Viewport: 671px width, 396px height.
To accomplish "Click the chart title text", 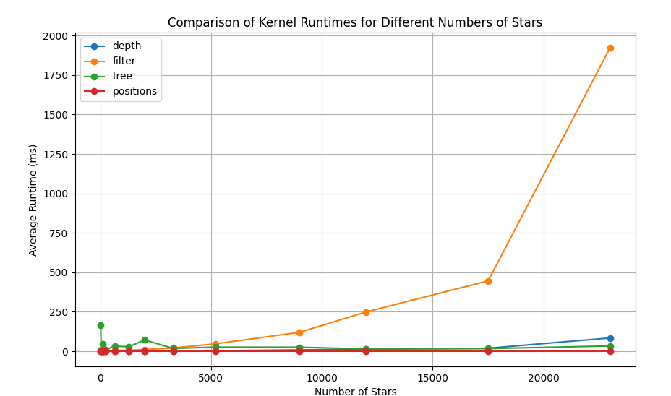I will click(x=355, y=22).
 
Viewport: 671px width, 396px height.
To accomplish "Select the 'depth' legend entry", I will click(x=127, y=46).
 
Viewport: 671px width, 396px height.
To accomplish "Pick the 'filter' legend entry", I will click(x=124, y=61).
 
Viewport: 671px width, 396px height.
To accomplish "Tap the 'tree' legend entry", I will click(x=122, y=76).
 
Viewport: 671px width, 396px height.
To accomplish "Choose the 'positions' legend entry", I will click(x=134, y=91).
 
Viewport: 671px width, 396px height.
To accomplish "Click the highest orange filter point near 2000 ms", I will click(x=610, y=48).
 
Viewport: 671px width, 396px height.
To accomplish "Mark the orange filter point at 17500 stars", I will click(x=488, y=281).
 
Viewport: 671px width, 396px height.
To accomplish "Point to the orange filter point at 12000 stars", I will click(x=366, y=312).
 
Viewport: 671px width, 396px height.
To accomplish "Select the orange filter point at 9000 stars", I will click(x=299, y=332).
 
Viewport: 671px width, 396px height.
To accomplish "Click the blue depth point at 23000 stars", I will click(x=610, y=338).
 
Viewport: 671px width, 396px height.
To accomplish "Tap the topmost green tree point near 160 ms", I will click(x=101, y=325).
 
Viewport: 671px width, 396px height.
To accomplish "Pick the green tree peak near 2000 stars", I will click(x=145, y=340).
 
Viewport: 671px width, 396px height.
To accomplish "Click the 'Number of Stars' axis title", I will click(x=355, y=392).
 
